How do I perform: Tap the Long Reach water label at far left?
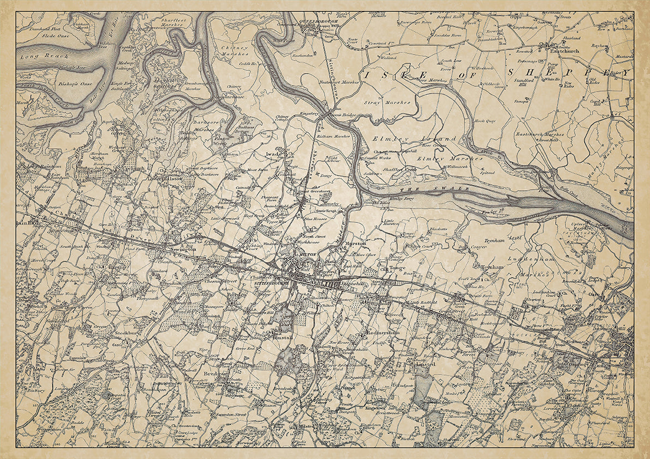coord(38,56)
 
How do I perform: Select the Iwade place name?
coord(273,154)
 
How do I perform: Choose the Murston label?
coord(355,243)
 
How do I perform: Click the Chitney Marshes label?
coord(235,51)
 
